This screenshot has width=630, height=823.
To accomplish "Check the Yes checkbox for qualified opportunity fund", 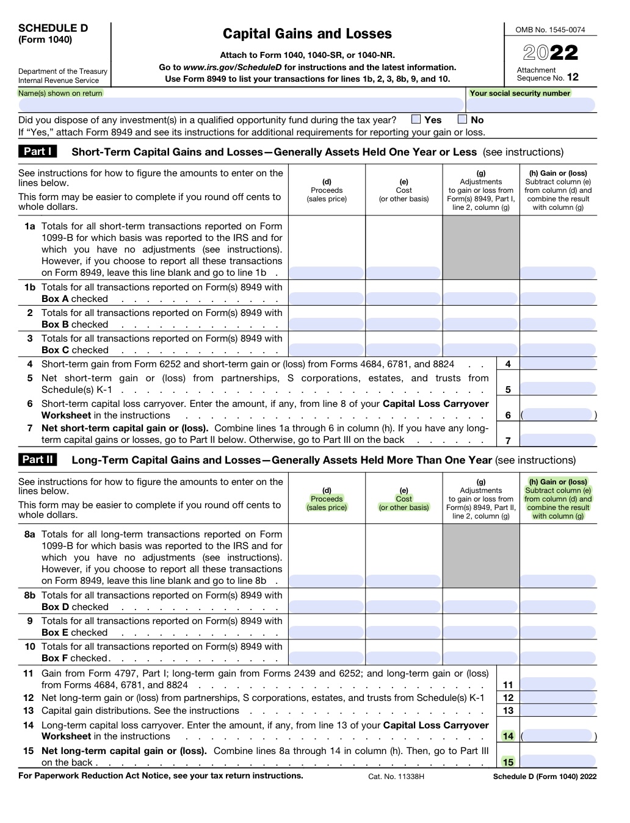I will pyautogui.click(x=416, y=120).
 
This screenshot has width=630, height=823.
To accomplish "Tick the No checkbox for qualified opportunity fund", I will pyautogui.click(x=462, y=120).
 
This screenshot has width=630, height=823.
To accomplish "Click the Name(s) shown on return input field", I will pyautogui.click(x=241, y=105).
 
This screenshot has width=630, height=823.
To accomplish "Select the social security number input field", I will pyautogui.click(x=532, y=105).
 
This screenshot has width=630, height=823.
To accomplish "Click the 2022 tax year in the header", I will pyautogui.click(x=550, y=53).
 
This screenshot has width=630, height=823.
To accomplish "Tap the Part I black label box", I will pyautogui.click(x=38, y=151).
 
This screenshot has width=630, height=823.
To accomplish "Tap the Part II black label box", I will pyautogui.click(x=38, y=459).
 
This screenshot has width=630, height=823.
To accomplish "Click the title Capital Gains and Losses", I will pyautogui.click(x=307, y=34).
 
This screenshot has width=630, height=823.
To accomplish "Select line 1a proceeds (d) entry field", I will pyautogui.click(x=327, y=273).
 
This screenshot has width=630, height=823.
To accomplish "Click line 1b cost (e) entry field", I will pyautogui.click(x=404, y=298).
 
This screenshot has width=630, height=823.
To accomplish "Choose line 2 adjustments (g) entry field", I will pyautogui.click(x=480, y=324).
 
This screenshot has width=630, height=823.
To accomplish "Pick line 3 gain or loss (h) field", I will pyautogui.click(x=558, y=350).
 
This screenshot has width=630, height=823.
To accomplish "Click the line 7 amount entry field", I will pyautogui.click(x=558, y=440).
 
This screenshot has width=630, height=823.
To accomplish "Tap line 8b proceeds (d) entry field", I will pyautogui.click(x=327, y=606).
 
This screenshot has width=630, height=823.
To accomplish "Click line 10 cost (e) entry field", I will pyautogui.click(x=404, y=658).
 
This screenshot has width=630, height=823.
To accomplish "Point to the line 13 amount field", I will pyautogui.click(x=558, y=710).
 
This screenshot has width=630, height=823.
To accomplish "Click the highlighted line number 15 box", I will pyautogui.click(x=508, y=761).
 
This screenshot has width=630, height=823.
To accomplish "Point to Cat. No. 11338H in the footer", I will pyautogui.click(x=396, y=777).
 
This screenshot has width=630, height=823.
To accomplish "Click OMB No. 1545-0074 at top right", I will pyautogui.click(x=550, y=29).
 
